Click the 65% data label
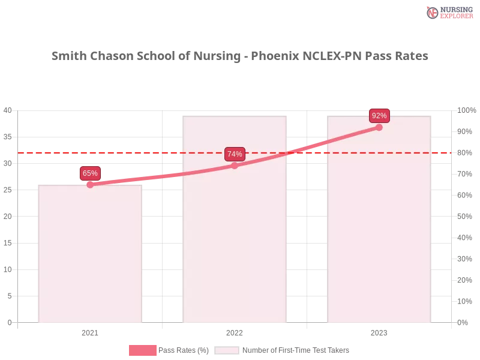tap(90, 173)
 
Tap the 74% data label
tap(235, 154)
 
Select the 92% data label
tap(379, 116)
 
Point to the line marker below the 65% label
tap(90, 184)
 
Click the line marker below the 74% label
tap(235, 165)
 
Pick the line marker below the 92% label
tap(379, 127)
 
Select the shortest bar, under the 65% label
tap(90, 258)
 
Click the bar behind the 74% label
tap(235, 240)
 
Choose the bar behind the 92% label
tap(379, 240)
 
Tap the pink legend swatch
tap(142, 350)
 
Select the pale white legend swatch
tap(227, 350)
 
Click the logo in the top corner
tap(448, 12)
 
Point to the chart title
tap(240, 56)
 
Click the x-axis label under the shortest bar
tap(90, 331)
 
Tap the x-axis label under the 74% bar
tap(235, 331)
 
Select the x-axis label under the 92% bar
tap(379, 331)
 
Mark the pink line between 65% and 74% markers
tap(162, 175)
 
